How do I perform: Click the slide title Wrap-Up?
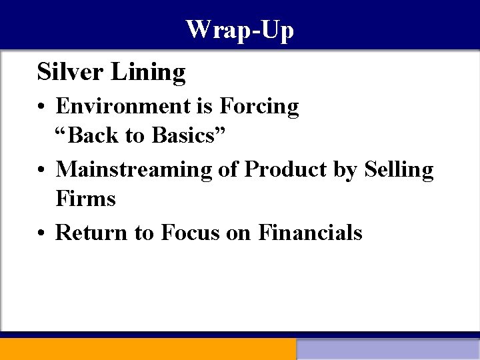point(239,30)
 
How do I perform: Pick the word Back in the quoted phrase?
point(95,135)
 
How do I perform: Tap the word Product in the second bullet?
point(287,169)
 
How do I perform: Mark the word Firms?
point(85,199)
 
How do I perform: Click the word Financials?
point(310,232)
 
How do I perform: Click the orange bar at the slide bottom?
point(147,349)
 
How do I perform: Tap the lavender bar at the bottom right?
point(388,349)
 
